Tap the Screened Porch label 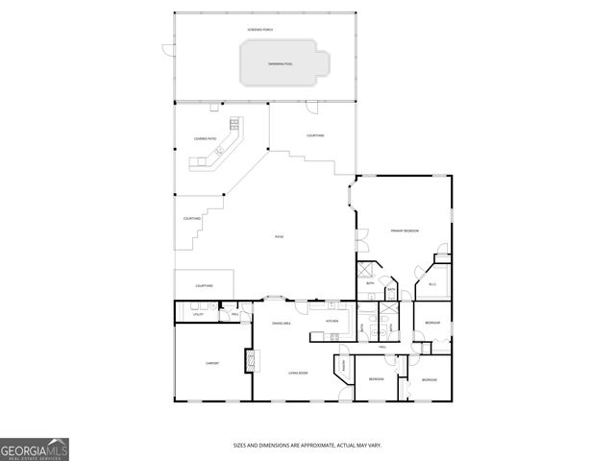click(260, 30)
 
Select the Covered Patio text click(205, 139)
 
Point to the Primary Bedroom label click(404, 231)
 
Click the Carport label click(212, 363)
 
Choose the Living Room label click(299, 373)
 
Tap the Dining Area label click(282, 324)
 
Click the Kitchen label click(332, 321)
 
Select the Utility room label click(198, 314)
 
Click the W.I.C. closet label click(432, 283)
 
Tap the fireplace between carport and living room click(252, 359)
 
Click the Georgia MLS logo click(35, 449)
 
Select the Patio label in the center click(280, 237)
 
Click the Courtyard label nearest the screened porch click(315, 135)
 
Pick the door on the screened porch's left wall click(166, 49)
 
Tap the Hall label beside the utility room click(235, 314)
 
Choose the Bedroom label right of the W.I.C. click(432, 323)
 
